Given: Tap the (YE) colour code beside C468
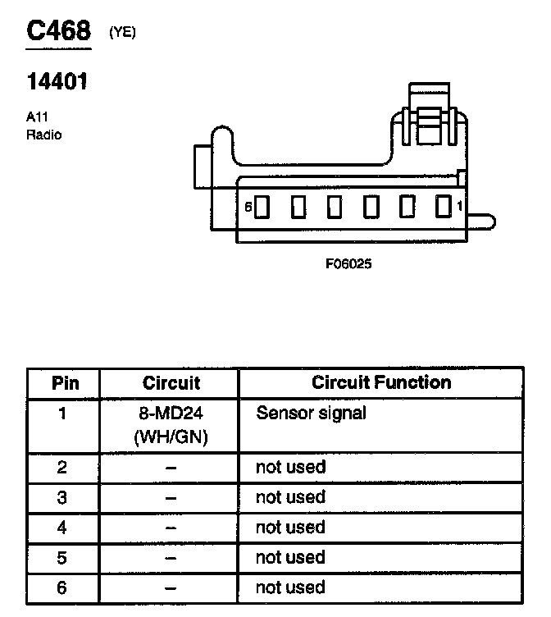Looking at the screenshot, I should tap(122, 34).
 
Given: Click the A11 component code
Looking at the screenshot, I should tap(37, 117).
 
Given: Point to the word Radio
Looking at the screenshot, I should tap(43, 135).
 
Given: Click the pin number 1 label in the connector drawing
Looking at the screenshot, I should tap(460, 206).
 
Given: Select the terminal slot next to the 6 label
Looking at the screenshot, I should tap(262, 208).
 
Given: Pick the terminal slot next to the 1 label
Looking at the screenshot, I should tap(443, 206).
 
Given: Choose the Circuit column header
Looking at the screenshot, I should tap(171, 383).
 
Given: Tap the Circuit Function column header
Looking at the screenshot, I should tap(381, 382).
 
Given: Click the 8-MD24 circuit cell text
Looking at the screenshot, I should tap(171, 414).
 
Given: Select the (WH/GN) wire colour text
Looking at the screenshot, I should tap(171, 436).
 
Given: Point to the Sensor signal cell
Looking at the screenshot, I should tap(311, 413).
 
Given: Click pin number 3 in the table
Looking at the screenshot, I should tap(63, 498).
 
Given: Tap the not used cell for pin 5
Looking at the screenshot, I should tap(290, 558).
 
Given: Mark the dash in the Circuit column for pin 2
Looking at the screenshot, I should tap(171, 468).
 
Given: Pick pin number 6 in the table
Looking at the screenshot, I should tap(63, 588).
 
